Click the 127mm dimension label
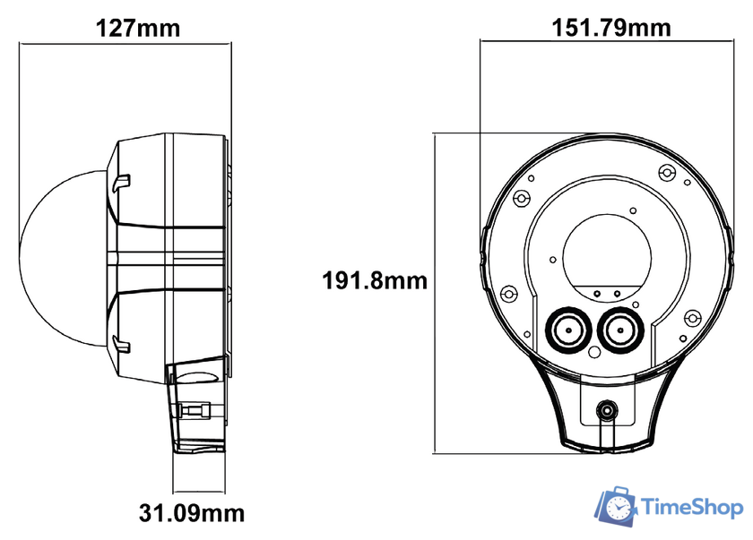click(x=138, y=27)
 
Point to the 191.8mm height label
click(x=375, y=280)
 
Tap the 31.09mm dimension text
click(x=192, y=513)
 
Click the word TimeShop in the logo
click(x=693, y=508)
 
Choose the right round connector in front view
click(x=619, y=330)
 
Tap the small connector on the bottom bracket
click(x=607, y=412)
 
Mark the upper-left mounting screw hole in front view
click(x=520, y=198)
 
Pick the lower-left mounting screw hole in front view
click(x=508, y=293)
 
